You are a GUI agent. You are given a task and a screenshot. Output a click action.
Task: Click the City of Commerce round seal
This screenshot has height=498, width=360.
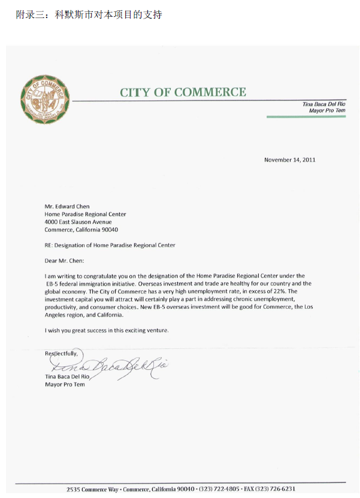[x=46, y=99]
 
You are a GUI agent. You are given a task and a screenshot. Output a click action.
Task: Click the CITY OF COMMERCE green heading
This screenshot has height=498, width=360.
[x=183, y=92]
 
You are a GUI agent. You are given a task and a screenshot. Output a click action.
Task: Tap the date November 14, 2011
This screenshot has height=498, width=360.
[x=289, y=160]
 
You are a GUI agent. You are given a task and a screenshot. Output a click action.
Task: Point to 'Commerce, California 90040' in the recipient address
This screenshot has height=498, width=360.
[x=81, y=230]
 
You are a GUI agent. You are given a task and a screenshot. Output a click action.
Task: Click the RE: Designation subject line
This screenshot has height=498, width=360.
[x=110, y=245]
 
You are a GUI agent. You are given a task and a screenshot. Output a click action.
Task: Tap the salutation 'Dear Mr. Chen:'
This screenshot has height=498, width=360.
[x=65, y=260]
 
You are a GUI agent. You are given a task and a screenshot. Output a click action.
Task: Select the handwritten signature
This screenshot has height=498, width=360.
[x=108, y=364]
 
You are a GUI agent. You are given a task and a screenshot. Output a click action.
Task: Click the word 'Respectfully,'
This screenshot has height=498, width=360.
[x=62, y=354]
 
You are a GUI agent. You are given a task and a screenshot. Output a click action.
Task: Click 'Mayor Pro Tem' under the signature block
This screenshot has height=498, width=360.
[x=65, y=384]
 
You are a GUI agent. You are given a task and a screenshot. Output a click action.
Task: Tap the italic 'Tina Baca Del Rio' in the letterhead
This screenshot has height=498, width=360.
[x=323, y=105]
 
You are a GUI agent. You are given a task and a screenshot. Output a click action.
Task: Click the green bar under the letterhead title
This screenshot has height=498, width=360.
[x=305, y=117]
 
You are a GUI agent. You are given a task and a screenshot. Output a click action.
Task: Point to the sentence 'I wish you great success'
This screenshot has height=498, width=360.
[x=107, y=330]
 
